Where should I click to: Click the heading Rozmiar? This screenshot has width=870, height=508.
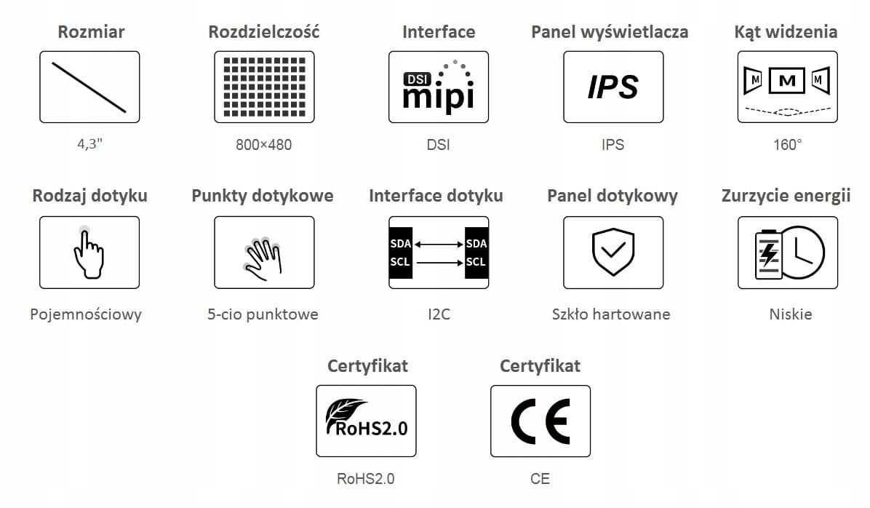pyautogui.click(x=91, y=32)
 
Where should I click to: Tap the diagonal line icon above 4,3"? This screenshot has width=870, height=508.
pyautogui.click(x=89, y=87)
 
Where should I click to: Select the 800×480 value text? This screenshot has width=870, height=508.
pyautogui.click(x=263, y=145)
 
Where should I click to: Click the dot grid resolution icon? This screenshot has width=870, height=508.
pyautogui.click(x=264, y=87)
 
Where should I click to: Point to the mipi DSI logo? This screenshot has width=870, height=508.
pyautogui.click(x=439, y=89)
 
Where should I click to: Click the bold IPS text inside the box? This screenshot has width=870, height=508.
pyautogui.click(x=612, y=87)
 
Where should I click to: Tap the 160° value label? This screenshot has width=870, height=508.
pyautogui.click(x=787, y=145)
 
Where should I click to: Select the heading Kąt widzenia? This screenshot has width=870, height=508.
pyautogui.click(x=786, y=32)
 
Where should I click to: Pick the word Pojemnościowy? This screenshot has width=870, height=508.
pyautogui.click(x=86, y=314)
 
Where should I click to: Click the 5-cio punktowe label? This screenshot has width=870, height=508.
pyautogui.click(x=263, y=314)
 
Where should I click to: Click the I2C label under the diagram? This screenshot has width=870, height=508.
pyautogui.click(x=438, y=314)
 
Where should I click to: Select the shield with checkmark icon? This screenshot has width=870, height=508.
pyautogui.click(x=612, y=253)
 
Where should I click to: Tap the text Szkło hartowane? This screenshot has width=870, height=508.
pyautogui.click(x=611, y=314)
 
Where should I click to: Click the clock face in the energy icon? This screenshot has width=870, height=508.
pyautogui.click(x=805, y=252)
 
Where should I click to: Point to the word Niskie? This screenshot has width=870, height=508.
pyautogui.click(x=791, y=314)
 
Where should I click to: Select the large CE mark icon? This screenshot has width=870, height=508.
pyautogui.click(x=540, y=421)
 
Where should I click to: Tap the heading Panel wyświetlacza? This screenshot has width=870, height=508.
pyautogui.click(x=610, y=32)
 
